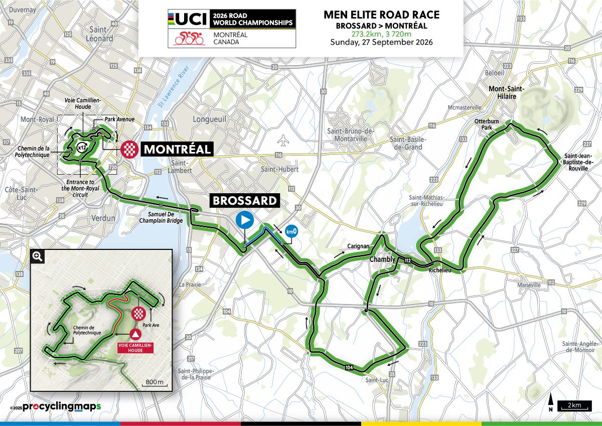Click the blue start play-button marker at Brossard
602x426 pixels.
point(245,220)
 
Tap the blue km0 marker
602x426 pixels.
point(290,231)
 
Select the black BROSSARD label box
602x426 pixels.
point(245,201)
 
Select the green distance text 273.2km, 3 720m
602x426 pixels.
point(381,34)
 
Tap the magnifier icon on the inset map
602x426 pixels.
point(38,256)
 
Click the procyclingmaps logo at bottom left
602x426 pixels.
point(55,407)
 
